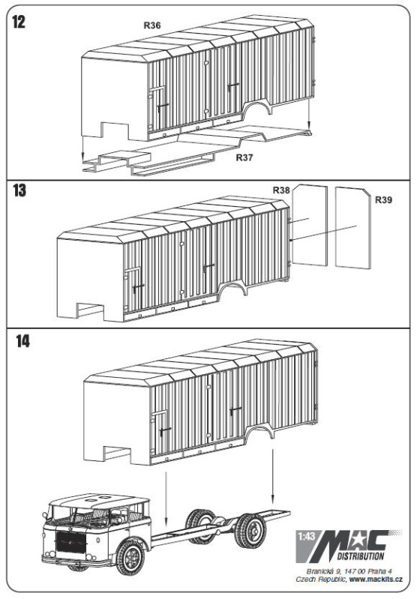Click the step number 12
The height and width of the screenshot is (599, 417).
pos(19,22)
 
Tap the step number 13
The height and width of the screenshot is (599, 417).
pos(19,190)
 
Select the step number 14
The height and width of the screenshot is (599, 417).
pos(23,341)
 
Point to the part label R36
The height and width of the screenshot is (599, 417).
pos(152,25)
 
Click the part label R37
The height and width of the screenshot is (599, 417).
pos(244,157)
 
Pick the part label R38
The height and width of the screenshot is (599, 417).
pos(281,190)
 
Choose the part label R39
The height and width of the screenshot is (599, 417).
pos(383,200)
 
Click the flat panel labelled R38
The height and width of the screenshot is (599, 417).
pos(310,226)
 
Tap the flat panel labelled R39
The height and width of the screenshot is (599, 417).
pos(352,228)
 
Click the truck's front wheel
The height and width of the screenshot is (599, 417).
pos(130,556)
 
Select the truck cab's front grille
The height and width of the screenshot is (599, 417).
pos(70,545)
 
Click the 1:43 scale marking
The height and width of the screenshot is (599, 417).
pos(307,536)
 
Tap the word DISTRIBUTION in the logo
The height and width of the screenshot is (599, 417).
pos(361,556)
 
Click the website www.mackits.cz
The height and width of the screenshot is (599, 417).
pos(376,580)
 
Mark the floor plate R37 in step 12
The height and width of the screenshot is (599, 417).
pos(196,150)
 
